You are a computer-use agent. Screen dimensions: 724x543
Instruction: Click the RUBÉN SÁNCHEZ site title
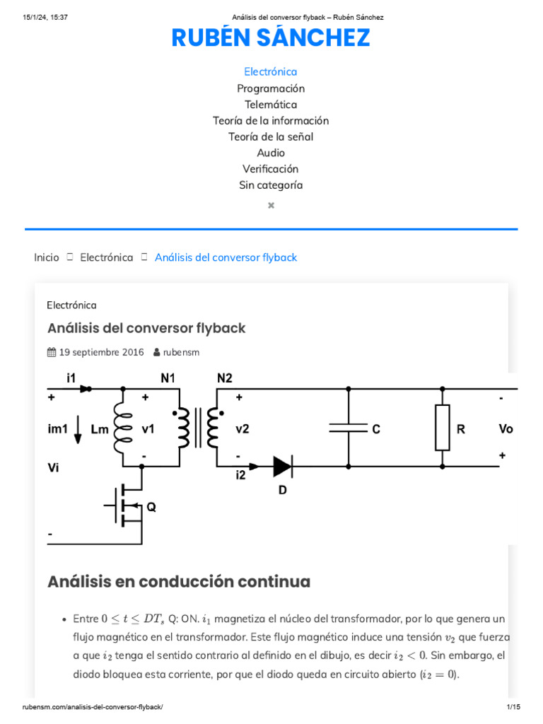pos(271,38)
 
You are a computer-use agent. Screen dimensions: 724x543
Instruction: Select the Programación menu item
pos(271,88)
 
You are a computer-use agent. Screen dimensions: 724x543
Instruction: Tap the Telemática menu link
pos(271,105)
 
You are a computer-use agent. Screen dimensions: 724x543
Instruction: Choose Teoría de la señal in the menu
pos(271,136)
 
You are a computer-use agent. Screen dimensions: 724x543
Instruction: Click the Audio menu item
pos(271,153)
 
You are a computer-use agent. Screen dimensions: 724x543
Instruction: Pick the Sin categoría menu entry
pos(271,185)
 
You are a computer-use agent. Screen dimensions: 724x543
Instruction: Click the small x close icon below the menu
pos(271,206)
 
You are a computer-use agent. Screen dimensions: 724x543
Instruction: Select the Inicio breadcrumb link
pos(47,257)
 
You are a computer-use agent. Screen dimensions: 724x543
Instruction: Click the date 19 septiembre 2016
pos(100,352)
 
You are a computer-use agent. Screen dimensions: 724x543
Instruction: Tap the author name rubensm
pos(181,352)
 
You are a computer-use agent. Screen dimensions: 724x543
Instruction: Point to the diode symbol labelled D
pos(282,466)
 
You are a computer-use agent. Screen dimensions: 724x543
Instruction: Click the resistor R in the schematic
pos(443,428)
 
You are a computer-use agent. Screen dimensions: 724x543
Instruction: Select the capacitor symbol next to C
pos(348,428)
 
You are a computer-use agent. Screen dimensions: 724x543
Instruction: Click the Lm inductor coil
pos(123,428)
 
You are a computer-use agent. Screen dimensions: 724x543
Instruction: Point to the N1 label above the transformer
pos(168,378)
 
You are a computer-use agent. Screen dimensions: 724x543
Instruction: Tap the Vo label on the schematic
pos(506,428)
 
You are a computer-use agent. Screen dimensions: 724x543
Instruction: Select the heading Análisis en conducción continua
pos(179,582)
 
